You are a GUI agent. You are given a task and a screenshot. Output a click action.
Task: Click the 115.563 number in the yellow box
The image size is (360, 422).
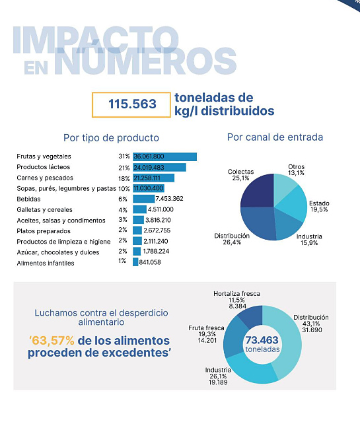pos(132,104)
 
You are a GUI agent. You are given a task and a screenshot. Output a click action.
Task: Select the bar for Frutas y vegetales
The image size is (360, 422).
pos(164,157)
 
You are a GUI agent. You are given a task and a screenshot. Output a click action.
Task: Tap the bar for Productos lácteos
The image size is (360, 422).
pos(159,167)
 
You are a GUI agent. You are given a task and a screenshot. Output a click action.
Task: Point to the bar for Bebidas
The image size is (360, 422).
pos(144,199)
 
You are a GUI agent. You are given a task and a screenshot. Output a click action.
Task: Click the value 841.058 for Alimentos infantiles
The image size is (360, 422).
pos(150,262)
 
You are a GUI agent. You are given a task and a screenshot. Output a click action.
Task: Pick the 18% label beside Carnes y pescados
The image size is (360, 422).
pos(124,178)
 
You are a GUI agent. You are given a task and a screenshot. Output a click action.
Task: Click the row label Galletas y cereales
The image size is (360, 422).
pos(44,209)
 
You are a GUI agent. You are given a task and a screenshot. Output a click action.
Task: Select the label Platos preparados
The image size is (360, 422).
pos(44,231)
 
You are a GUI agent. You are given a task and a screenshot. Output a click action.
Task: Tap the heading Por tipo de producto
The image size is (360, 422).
pos(111,138)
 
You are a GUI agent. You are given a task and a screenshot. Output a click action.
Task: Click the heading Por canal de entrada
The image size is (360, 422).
pos(275,137)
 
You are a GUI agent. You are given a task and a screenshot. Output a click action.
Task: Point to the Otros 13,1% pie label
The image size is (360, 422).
pos(296,170)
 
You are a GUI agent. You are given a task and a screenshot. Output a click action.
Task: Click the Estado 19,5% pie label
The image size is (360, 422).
pos(319,207)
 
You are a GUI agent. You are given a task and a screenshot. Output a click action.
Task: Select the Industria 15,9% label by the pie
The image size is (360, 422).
pos(309,240)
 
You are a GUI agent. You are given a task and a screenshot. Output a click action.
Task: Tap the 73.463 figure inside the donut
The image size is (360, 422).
pos(262,340)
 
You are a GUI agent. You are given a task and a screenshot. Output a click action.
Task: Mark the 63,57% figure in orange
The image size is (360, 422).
pos(52,341)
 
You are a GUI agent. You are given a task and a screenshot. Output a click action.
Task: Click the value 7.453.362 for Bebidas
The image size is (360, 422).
pos(169,199)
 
